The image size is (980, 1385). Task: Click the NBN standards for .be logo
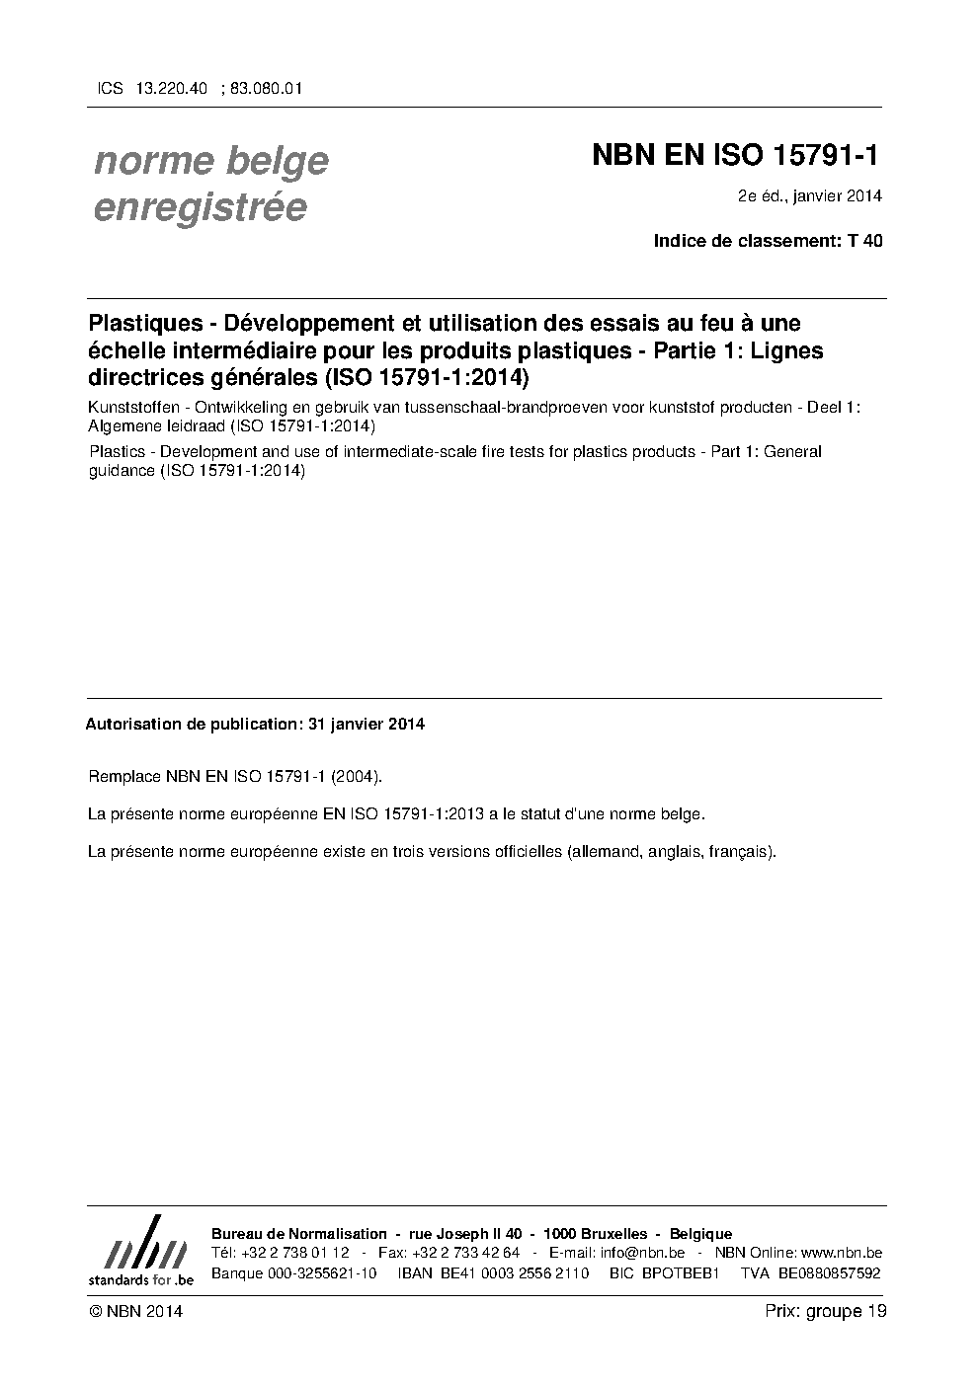point(140,1252)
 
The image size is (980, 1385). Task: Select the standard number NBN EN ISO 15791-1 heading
point(735,155)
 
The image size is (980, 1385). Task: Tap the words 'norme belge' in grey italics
point(210,161)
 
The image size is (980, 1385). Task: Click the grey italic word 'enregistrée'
point(200,208)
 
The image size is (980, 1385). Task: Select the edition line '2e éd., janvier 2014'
point(809,195)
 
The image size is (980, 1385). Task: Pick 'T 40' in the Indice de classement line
point(865,241)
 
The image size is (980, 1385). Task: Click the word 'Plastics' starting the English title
point(116,452)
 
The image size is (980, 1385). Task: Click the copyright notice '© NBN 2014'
point(135,1312)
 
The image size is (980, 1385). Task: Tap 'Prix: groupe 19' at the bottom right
point(825,1311)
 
